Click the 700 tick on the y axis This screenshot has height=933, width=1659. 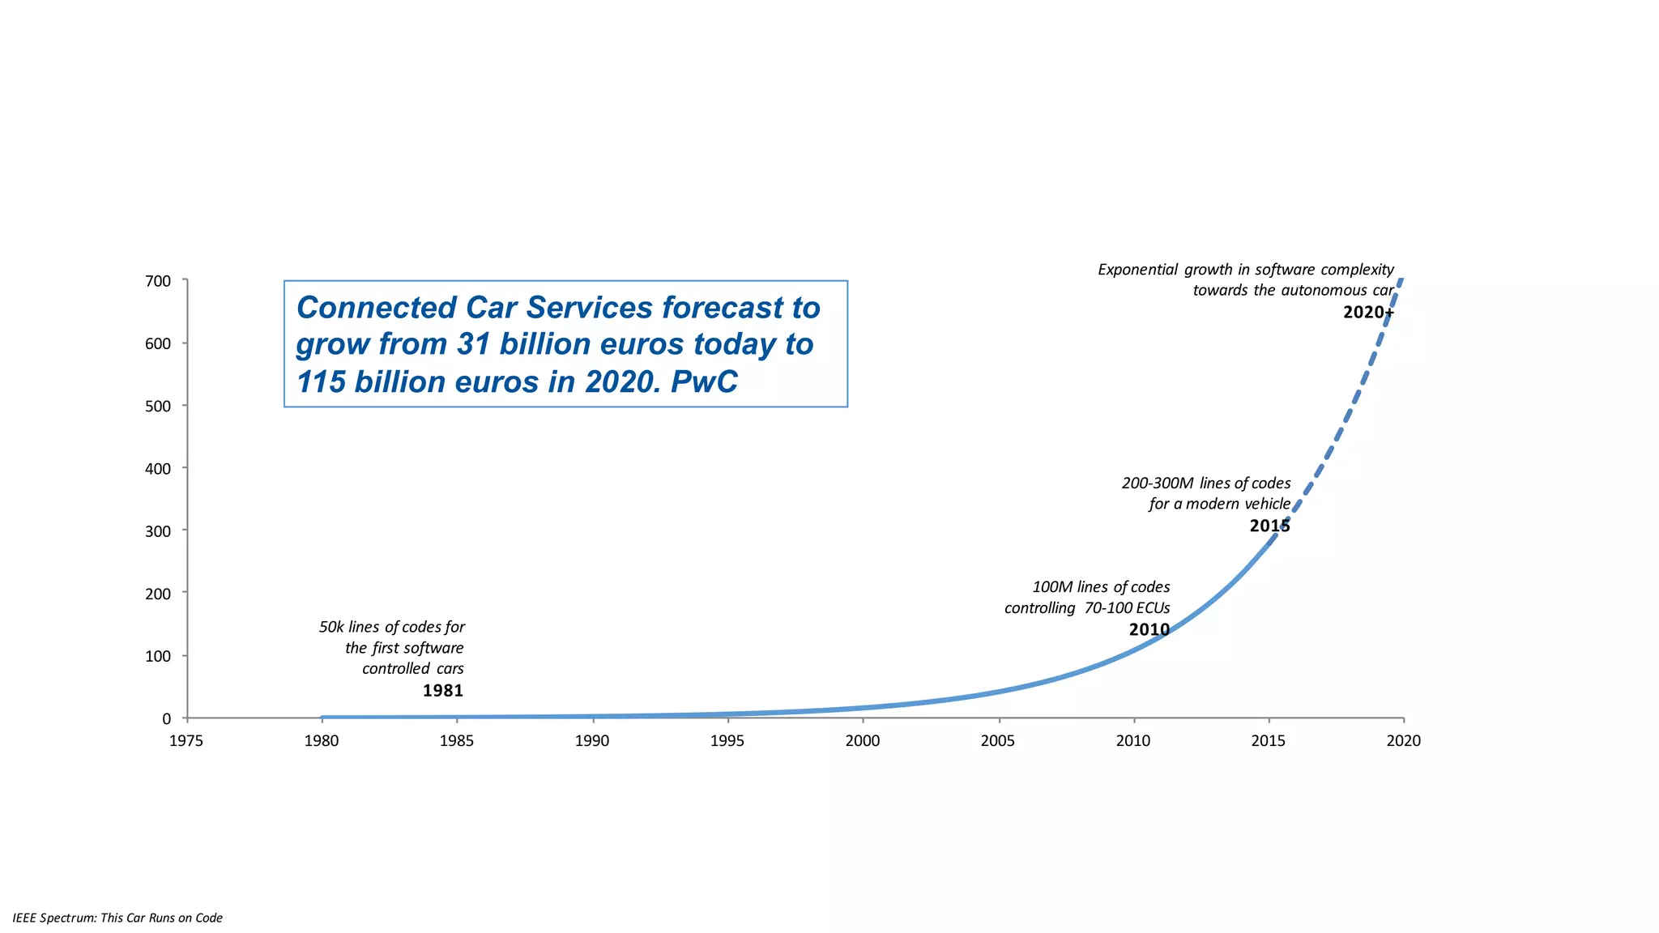click(158, 281)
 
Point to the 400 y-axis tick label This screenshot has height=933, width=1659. click(158, 469)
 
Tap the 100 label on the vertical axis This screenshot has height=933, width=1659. click(158, 656)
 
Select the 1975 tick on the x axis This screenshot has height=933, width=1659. click(186, 740)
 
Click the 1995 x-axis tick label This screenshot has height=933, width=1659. click(727, 740)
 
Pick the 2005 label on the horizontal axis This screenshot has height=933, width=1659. click(997, 740)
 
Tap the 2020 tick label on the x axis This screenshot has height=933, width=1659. click(1403, 740)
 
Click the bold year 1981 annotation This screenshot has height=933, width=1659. click(442, 691)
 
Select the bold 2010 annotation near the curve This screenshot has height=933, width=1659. click(1149, 629)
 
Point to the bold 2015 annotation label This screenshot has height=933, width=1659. click(1269, 526)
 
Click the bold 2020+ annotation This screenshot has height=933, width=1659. click(1368, 313)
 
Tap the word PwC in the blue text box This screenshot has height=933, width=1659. click(704, 382)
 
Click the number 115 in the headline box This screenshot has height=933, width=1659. click(321, 382)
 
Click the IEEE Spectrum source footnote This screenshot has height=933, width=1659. click(117, 918)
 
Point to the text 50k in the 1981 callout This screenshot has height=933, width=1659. click(331, 627)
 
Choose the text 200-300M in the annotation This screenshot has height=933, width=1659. click(1157, 484)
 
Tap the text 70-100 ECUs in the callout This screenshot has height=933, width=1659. click(1127, 608)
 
